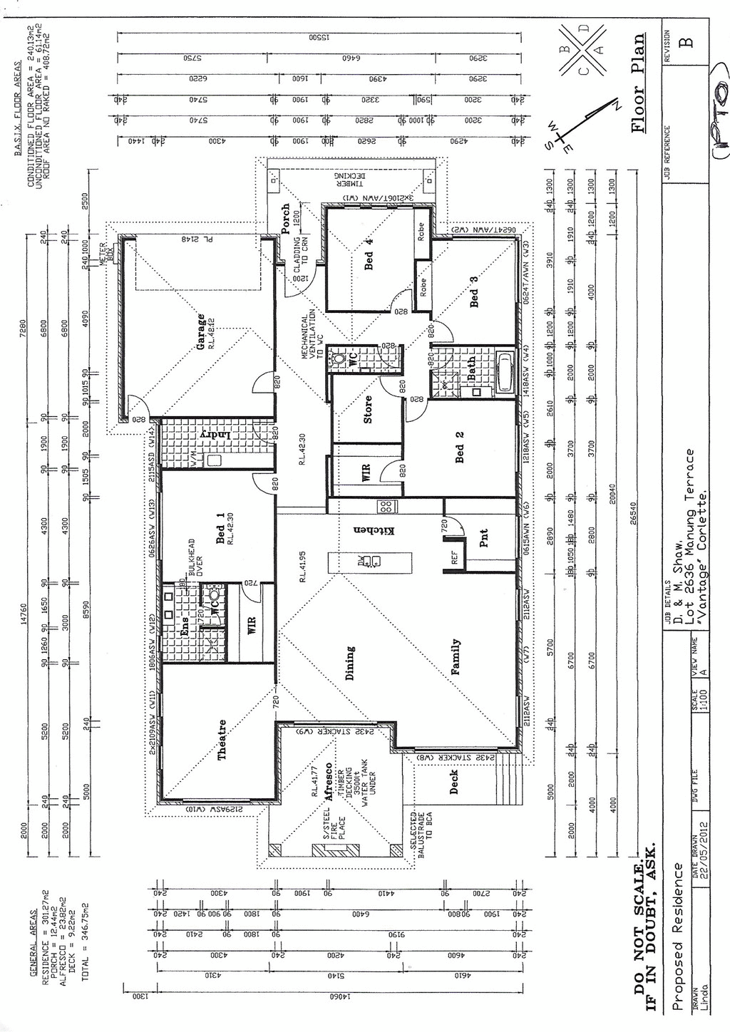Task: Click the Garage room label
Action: click(202, 331)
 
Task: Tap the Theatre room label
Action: click(222, 739)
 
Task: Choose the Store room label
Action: click(368, 409)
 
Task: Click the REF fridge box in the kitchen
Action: click(454, 558)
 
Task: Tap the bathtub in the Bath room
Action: click(505, 372)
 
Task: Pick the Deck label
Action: click(454, 783)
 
